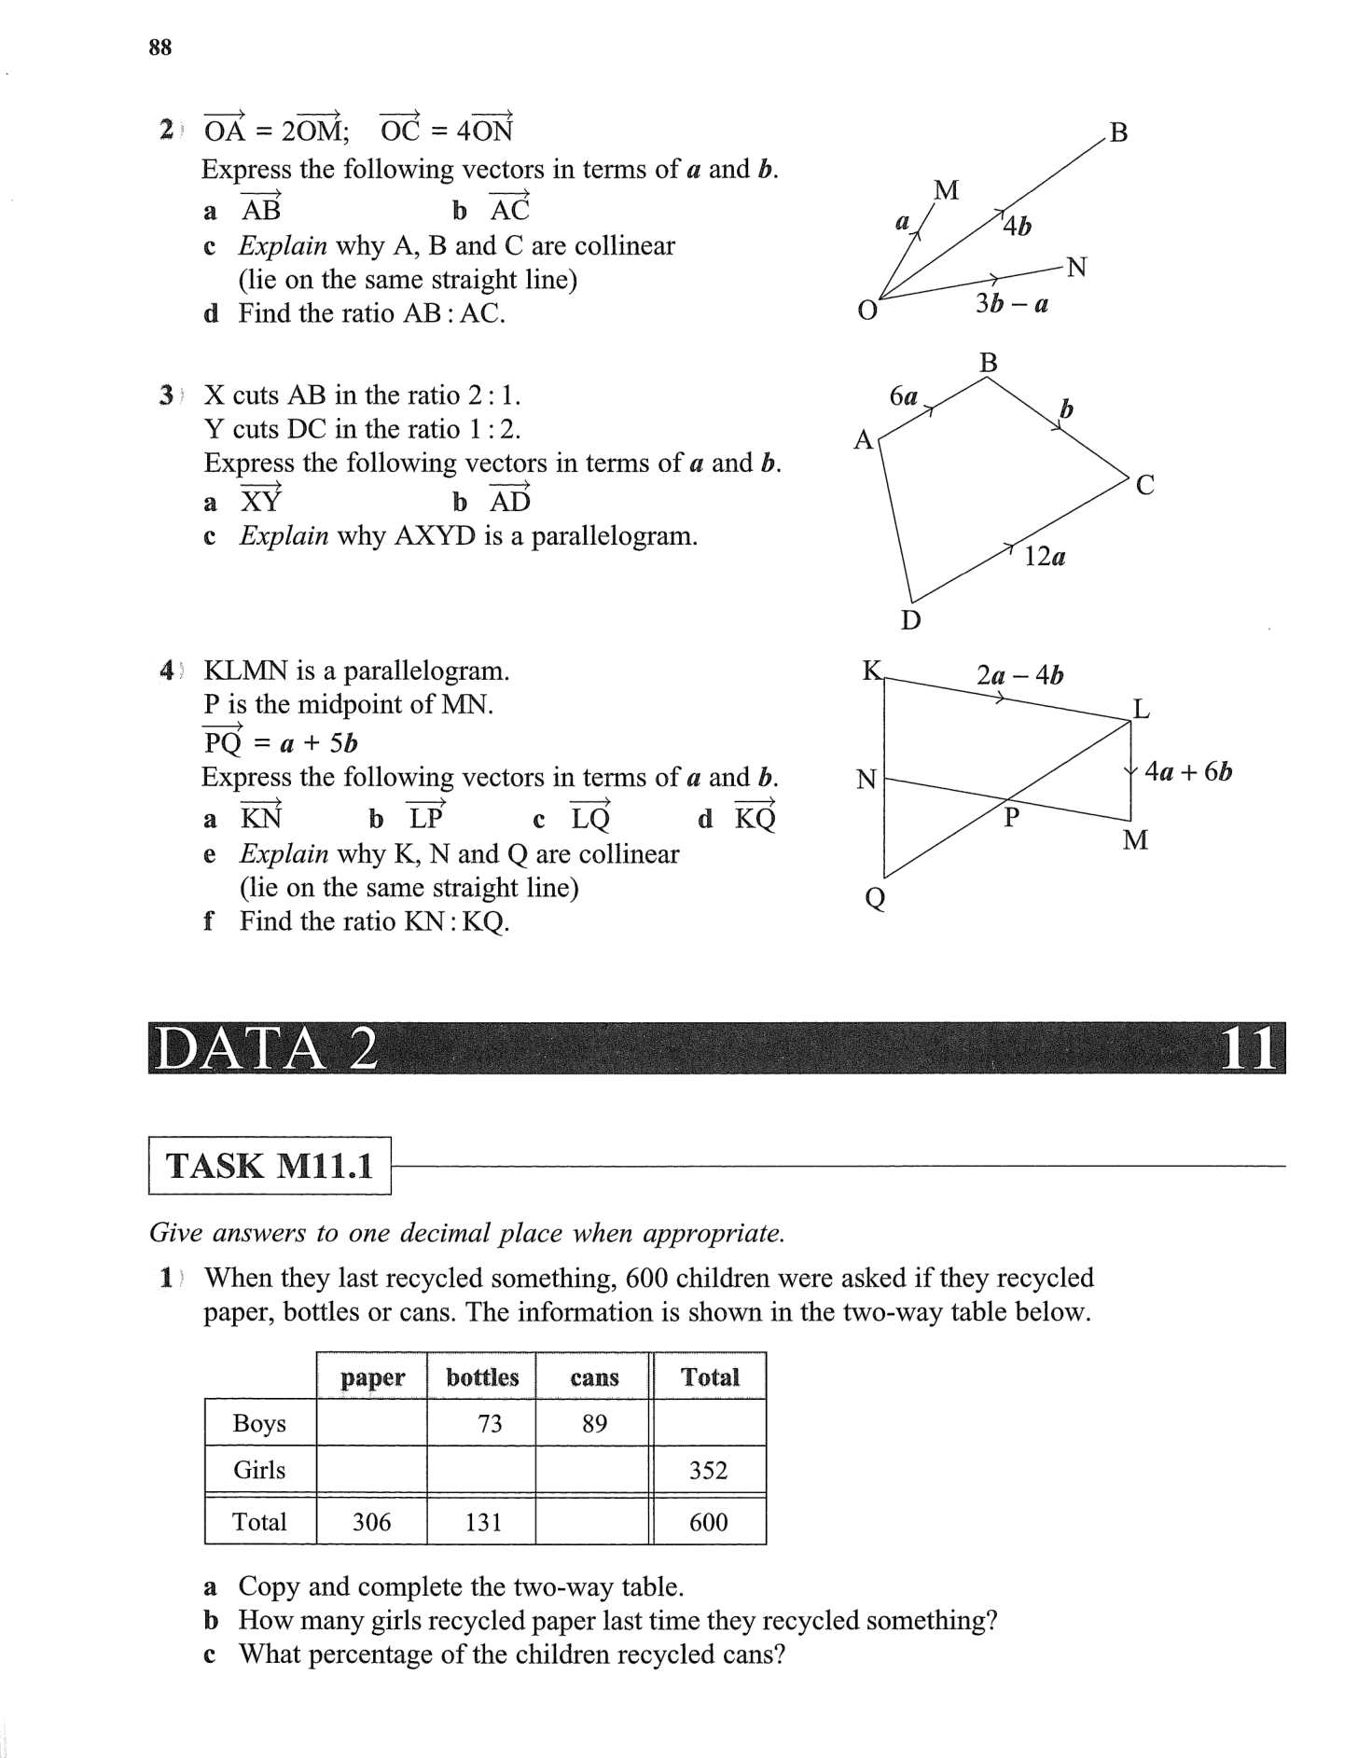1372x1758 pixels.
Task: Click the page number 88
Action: point(159,48)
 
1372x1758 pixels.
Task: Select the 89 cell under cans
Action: point(594,1423)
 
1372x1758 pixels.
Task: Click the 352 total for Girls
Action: point(708,1471)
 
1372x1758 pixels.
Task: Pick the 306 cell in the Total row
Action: point(371,1522)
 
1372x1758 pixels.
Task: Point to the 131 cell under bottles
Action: point(483,1522)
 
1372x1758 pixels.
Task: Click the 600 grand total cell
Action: point(708,1522)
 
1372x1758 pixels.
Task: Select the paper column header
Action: point(372,1377)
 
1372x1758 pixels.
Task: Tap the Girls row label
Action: point(259,1471)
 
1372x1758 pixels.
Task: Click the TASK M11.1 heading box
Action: point(269,1166)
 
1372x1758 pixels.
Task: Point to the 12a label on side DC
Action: point(1045,558)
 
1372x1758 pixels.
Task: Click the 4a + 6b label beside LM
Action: point(1188,772)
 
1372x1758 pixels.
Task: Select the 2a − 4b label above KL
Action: point(1019,675)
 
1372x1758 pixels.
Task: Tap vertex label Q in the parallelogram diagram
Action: point(875,899)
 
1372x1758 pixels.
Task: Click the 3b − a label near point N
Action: point(1012,304)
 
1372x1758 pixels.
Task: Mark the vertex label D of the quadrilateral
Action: point(910,620)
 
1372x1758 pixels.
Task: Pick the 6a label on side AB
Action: point(904,397)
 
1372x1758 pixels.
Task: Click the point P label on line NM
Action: point(1011,818)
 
